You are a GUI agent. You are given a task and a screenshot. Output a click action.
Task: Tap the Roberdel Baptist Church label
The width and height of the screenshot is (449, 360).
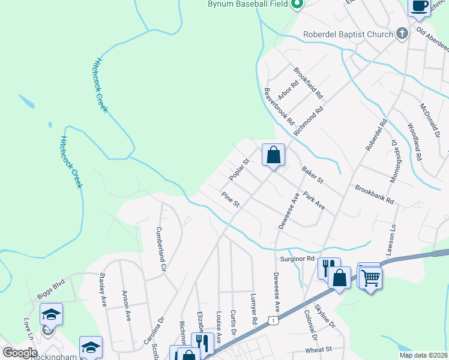(348, 34)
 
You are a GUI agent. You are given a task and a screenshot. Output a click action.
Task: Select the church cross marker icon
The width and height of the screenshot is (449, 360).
(402, 34)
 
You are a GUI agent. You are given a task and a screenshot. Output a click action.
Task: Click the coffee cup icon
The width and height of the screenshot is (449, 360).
(420, 6)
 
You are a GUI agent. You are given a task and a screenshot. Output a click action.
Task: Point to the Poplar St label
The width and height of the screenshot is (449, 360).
(239, 170)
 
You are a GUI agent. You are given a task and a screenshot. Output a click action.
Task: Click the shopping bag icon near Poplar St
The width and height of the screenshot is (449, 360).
(273, 155)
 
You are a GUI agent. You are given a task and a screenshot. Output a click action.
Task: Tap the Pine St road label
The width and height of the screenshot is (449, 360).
(231, 200)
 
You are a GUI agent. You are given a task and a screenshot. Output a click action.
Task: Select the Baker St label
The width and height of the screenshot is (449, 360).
(312, 175)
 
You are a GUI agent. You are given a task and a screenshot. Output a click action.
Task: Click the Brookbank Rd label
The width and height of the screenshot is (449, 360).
(374, 193)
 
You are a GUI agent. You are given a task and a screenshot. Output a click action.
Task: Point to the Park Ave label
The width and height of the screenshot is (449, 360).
(314, 201)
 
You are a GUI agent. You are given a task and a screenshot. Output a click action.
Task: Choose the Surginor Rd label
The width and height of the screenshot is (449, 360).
(298, 259)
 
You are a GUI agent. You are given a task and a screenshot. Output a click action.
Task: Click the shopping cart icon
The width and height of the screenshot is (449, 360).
(370, 277)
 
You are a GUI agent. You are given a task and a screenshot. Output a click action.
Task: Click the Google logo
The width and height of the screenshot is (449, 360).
(20, 353)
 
